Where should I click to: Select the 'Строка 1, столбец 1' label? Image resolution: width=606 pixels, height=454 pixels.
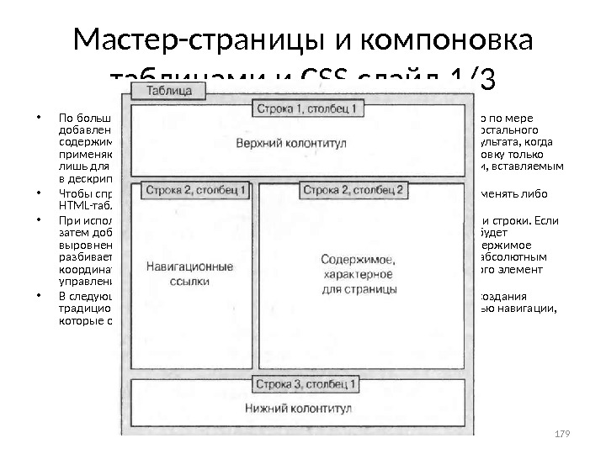coord(307,108)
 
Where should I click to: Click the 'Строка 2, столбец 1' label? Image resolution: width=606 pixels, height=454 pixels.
coord(196,190)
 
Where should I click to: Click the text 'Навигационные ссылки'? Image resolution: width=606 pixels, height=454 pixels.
coord(190,274)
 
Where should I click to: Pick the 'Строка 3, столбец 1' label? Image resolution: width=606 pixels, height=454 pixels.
coord(307,384)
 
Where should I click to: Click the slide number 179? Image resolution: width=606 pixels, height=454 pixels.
coord(563,433)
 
